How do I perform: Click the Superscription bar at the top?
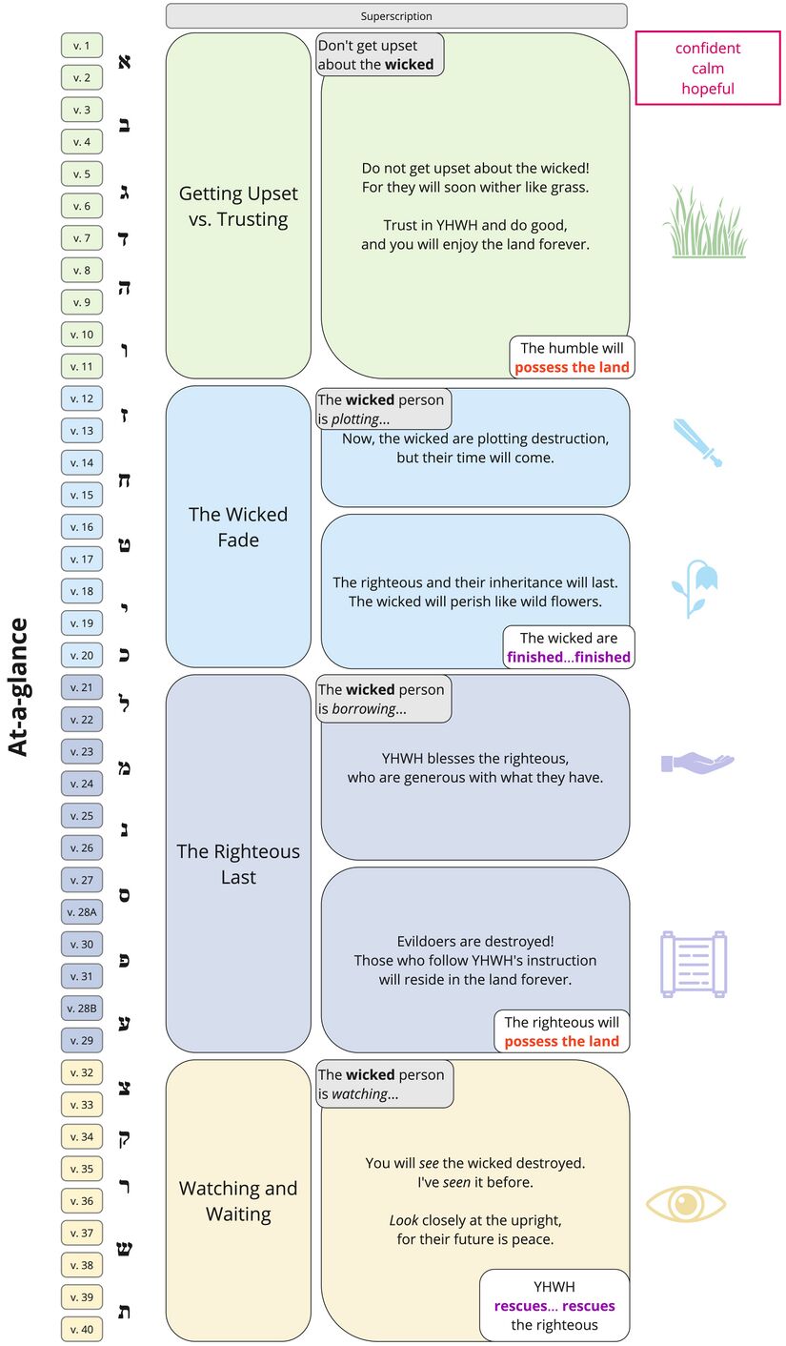point(396,16)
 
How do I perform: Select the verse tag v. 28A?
point(82,912)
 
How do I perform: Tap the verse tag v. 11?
point(82,366)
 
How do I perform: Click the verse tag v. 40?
point(82,1329)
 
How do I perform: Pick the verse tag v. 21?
point(82,687)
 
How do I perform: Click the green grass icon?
point(704,222)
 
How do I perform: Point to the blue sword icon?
point(698,442)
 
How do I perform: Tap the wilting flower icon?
point(695,588)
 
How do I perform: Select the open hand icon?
point(697,763)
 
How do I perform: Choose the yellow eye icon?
point(686,1204)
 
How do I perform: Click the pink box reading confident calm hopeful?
point(708,68)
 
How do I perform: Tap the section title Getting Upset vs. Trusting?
point(238,206)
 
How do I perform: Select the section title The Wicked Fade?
point(238,527)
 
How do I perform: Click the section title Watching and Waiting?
point(238,1201)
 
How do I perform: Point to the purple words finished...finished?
point(569,657)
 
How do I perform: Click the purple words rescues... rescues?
point(554,1306)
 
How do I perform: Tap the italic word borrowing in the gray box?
point(363,709)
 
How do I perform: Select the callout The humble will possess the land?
point(572,357)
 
